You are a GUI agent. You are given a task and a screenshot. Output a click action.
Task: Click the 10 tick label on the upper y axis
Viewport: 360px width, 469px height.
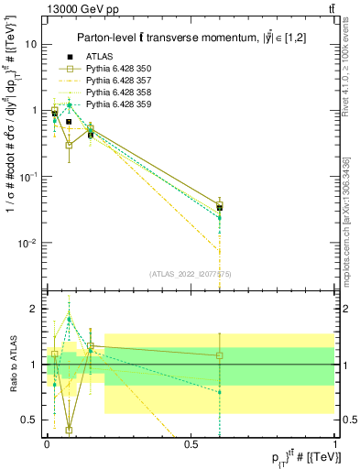30,44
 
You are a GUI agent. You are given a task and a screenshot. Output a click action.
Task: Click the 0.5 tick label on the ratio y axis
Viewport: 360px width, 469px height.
29,420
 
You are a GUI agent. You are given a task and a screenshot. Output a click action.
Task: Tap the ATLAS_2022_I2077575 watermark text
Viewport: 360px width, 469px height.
190,274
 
